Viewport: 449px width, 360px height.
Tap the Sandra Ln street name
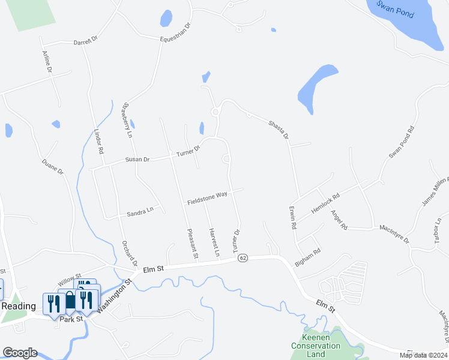click(x=140, y=213)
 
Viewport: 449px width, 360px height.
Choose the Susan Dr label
click(x=137, y=160)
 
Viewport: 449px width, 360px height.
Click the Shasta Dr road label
click(x=278, y=127)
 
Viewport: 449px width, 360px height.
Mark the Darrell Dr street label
click(x=85, y=43)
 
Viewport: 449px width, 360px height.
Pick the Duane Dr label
click(x=52, y=167)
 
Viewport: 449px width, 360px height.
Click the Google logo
click(x=20, y=352)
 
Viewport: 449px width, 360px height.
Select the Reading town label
click(x=17, y=306)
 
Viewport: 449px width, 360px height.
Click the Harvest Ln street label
click(x=213, y=242)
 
